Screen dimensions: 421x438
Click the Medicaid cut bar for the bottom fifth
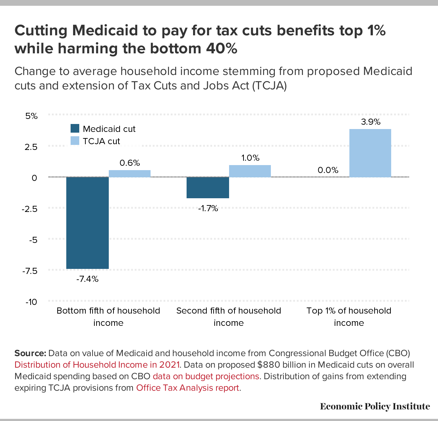(88, 223)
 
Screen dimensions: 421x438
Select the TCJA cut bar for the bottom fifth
(130, 173)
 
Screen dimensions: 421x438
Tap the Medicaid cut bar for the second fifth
(208, 187)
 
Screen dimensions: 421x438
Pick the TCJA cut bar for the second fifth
(250, 171)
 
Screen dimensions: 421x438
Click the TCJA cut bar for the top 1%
(370, 153)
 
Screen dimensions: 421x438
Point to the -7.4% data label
(87, 279)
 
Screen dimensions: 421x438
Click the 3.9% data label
(371, 122)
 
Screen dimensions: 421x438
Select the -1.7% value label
(208, 208)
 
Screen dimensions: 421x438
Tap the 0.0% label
(328, 170)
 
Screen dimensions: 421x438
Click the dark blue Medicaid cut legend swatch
(75, 129)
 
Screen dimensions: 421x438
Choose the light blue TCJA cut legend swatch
(75, 141)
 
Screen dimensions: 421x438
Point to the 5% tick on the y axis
(31, 116)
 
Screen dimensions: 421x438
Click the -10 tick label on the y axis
(31, 302)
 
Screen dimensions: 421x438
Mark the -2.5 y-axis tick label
(30, 209)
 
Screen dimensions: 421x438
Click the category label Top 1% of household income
(349, 316)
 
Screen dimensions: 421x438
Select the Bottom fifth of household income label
(108, 316)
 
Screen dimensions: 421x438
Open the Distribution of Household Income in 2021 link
(97, 365)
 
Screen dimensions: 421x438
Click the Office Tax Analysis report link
(188, 388)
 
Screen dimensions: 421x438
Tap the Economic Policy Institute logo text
(375, 407)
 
